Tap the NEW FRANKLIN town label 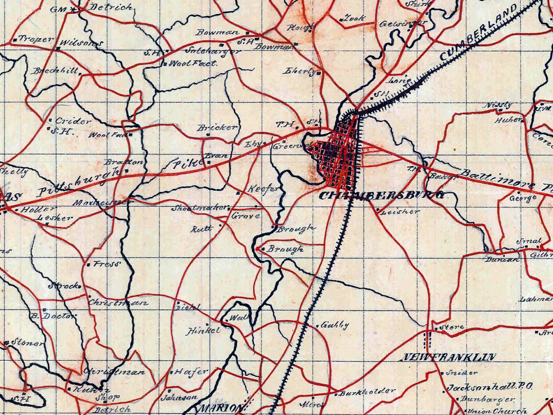tap(448, 357)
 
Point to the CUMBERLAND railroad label tap(479, 33)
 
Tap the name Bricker tap(218, 128)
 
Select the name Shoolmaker tap(199, 208)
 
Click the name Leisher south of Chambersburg tap(399, 212)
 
